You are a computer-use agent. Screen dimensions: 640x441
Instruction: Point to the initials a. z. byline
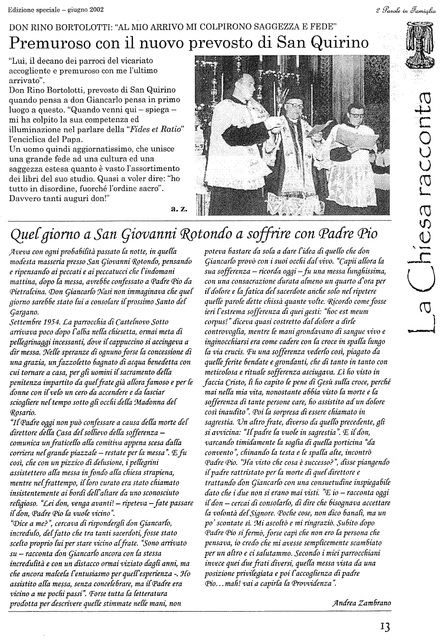(x=178, y=208)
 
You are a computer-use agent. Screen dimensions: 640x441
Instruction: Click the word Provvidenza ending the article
(x=309, y=583)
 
